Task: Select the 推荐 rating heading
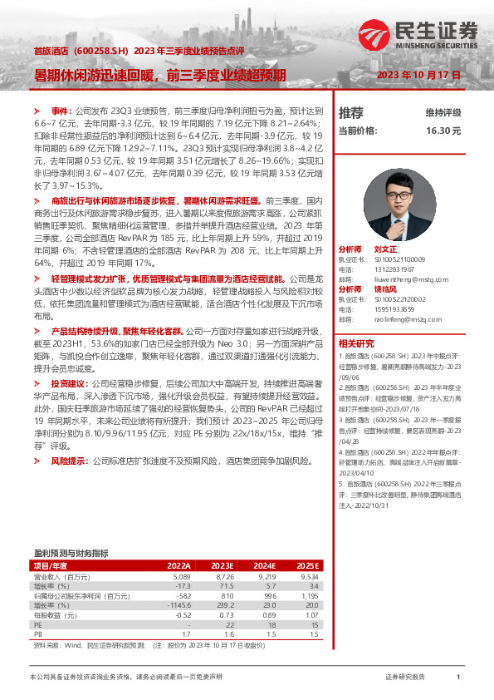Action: pos(351,112)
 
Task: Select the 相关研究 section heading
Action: pos(357,320)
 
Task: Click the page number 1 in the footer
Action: pos(458,678)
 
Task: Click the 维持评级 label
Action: pos(443,112)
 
